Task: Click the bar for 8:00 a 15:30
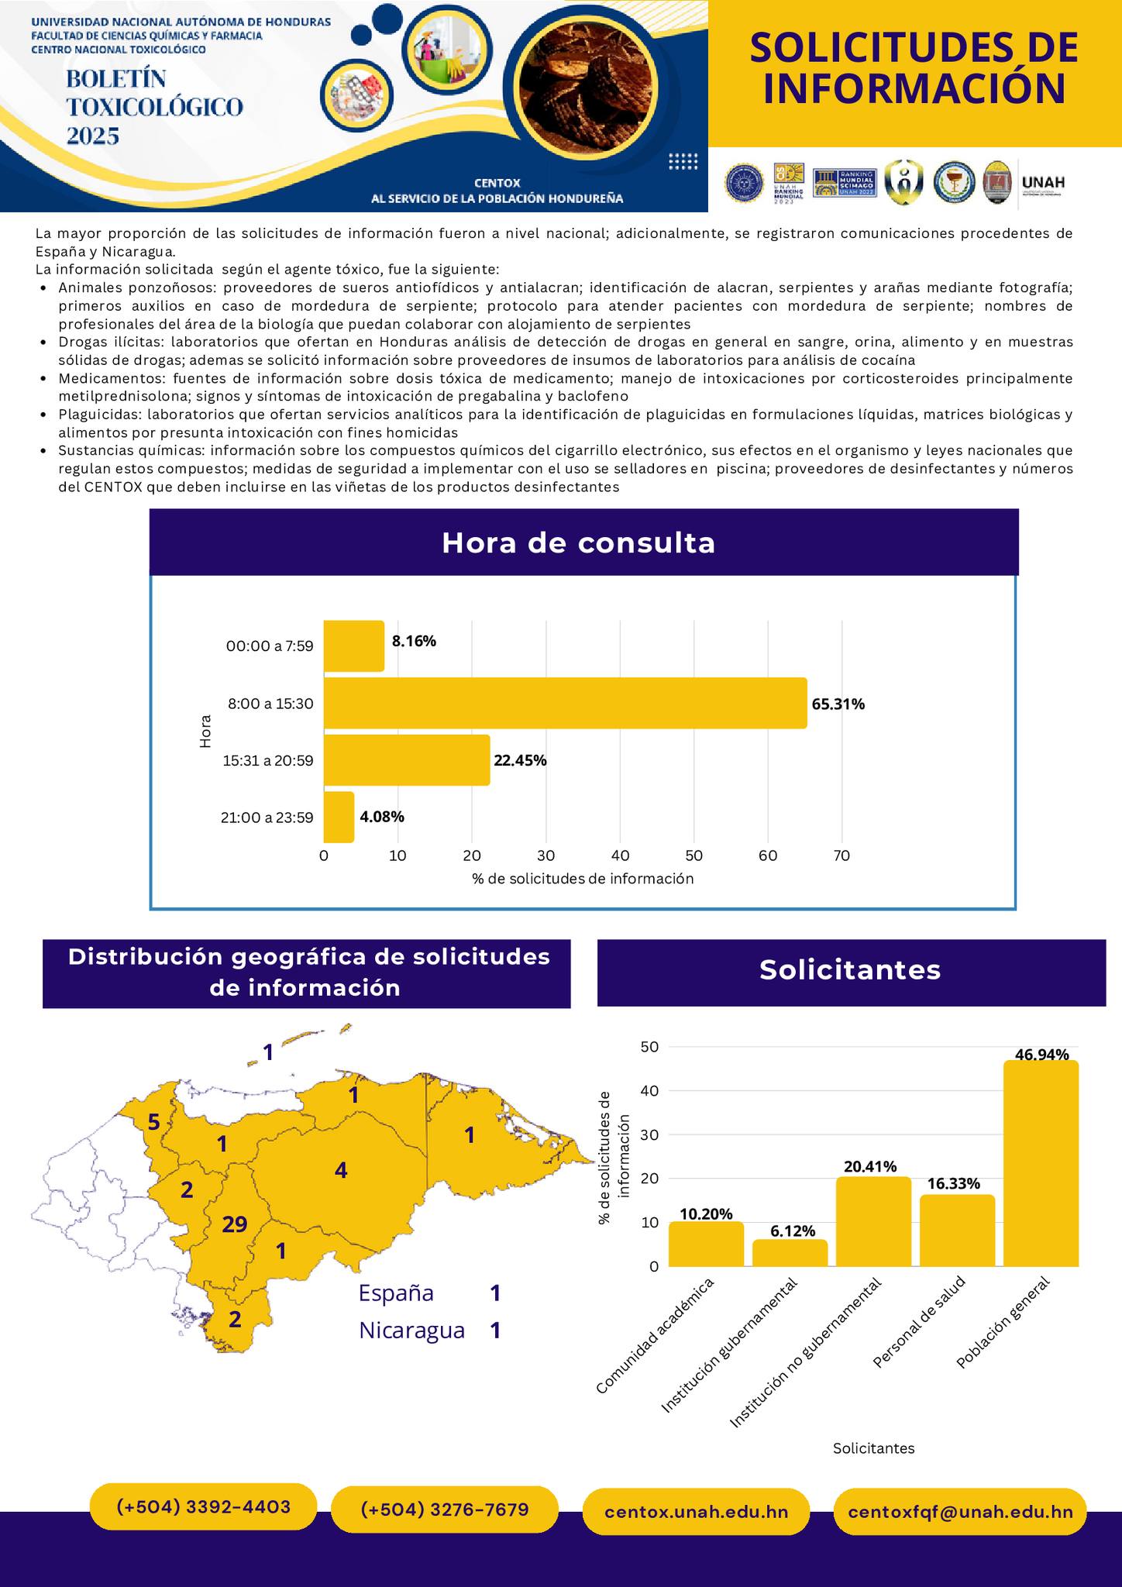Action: (565, 703)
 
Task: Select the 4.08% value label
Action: (382, 817)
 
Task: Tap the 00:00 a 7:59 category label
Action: (270, 645)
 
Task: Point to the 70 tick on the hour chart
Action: (841, 856)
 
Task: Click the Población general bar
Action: (1041, 1163)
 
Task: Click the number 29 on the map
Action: (235, 1224)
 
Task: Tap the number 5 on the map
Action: (153, 1122)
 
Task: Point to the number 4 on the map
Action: (341, 1170)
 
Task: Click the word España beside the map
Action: (396, 1293)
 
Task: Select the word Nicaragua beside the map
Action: (411, 1331)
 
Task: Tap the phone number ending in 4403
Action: (204, 1507)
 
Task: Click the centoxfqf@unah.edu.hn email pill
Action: (960, 1512)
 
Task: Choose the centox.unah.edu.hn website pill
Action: (696, 1512)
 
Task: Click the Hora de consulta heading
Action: (578, 543)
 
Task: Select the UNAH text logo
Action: (1043, 184)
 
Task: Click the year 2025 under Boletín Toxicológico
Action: (93, 136)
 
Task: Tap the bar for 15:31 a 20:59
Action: (407, 760)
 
